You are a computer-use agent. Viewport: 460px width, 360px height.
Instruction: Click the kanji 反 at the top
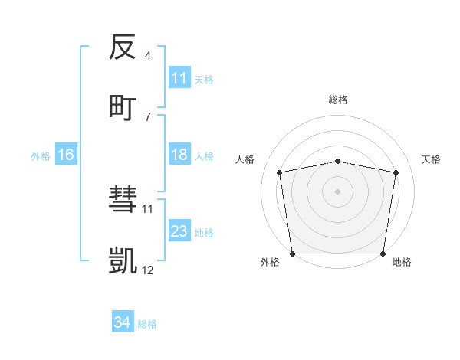pyautogui.click(x=123, y=47)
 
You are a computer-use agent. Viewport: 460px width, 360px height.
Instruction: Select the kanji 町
pyautogui.click(x=123, y=106)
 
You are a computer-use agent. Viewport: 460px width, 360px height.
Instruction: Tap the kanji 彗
pyautogui.click(x=123, y=201)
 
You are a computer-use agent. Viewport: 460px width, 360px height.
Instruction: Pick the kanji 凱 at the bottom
pyautogui.click(x=123, y=261)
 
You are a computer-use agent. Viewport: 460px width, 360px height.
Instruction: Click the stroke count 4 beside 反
pyautogui.click(x=147, y=56)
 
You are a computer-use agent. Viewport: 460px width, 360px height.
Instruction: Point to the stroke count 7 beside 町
pyautogui.click(x=147, y=116)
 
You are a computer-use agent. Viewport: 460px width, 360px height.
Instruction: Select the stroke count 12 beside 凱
pyautogui.click(x=147, y=270)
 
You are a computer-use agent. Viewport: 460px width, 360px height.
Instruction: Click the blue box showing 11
pyautogui.click(x=179, y=78)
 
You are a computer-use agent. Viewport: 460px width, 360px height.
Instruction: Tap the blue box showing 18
pyautogui.click(x=179, y=155)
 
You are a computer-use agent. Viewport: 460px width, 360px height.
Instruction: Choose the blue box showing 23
pyautogui.click(x=179, y=231)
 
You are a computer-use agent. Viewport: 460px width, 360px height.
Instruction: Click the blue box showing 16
pyautogui.click(x=66, y=155)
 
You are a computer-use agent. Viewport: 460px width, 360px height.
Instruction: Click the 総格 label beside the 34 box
pyautogui.click(x=147, y=324)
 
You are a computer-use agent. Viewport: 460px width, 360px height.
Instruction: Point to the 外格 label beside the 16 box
pyautogui.click(x=41, y=155)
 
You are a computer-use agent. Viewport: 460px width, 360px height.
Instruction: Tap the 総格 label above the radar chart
pyautogui.click(x=338, y=100)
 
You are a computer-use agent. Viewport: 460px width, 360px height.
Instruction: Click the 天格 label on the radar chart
pyautogui.click(x=432, y=159)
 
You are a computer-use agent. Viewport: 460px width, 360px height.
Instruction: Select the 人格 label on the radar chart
pyautogui.click(x=245, y=159)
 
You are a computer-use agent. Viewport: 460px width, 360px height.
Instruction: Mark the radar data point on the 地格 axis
pyautogui.click(x=383, y=254)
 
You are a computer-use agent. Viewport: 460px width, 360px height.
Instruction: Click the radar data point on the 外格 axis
pyautogui.click(x=292, y=254)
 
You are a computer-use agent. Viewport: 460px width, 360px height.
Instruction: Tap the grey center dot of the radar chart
pyautogui.click(x=338, y=191)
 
